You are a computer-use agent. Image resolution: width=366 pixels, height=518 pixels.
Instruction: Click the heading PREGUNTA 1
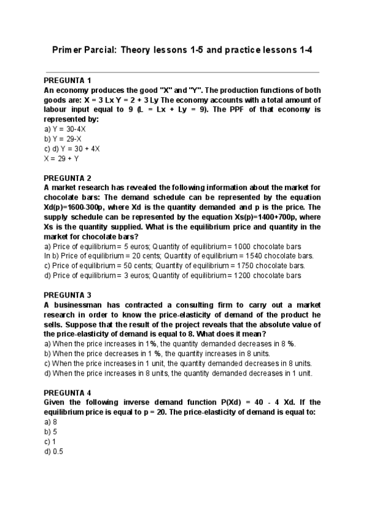pyautogui.click(x=68, y=81)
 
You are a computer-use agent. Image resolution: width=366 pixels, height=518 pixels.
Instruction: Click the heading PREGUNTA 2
pyautogui.click(x=68, y=178)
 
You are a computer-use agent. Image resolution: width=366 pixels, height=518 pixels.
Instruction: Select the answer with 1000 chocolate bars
pyautogui.click(x=173, y=246)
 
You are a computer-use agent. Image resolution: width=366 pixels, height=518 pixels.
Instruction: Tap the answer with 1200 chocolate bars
pyautogui.click(x=173, y=275)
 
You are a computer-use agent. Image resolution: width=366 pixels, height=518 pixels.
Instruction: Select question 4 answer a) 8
pyautogui.click(x=51, y=422)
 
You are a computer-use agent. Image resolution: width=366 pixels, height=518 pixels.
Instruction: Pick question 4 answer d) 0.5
pyautogui.click(x=54, y=451)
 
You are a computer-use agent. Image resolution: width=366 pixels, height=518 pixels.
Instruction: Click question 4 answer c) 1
pyautogui.click(x=51, y=442)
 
